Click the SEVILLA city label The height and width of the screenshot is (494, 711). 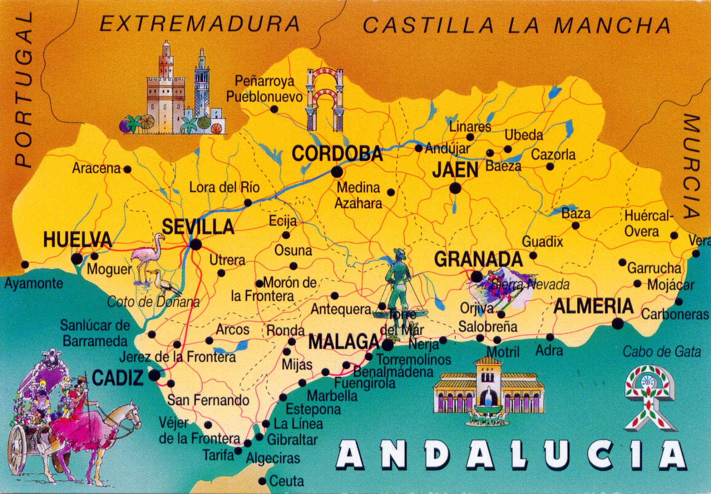[198, 227]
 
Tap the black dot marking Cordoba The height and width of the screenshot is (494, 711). [337, 171]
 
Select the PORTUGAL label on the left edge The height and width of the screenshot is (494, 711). [23, 89]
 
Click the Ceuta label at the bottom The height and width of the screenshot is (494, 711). [286, 481]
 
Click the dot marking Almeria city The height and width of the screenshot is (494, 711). [617, 324]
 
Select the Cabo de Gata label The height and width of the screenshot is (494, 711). [661, 352]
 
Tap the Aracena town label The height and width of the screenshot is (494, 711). [96, 168]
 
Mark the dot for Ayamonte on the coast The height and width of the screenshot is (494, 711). [25, 265]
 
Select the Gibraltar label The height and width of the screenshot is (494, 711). [292, 440]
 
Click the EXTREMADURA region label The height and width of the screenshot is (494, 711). [200, 24]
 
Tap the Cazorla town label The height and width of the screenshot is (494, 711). [553, 155]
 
